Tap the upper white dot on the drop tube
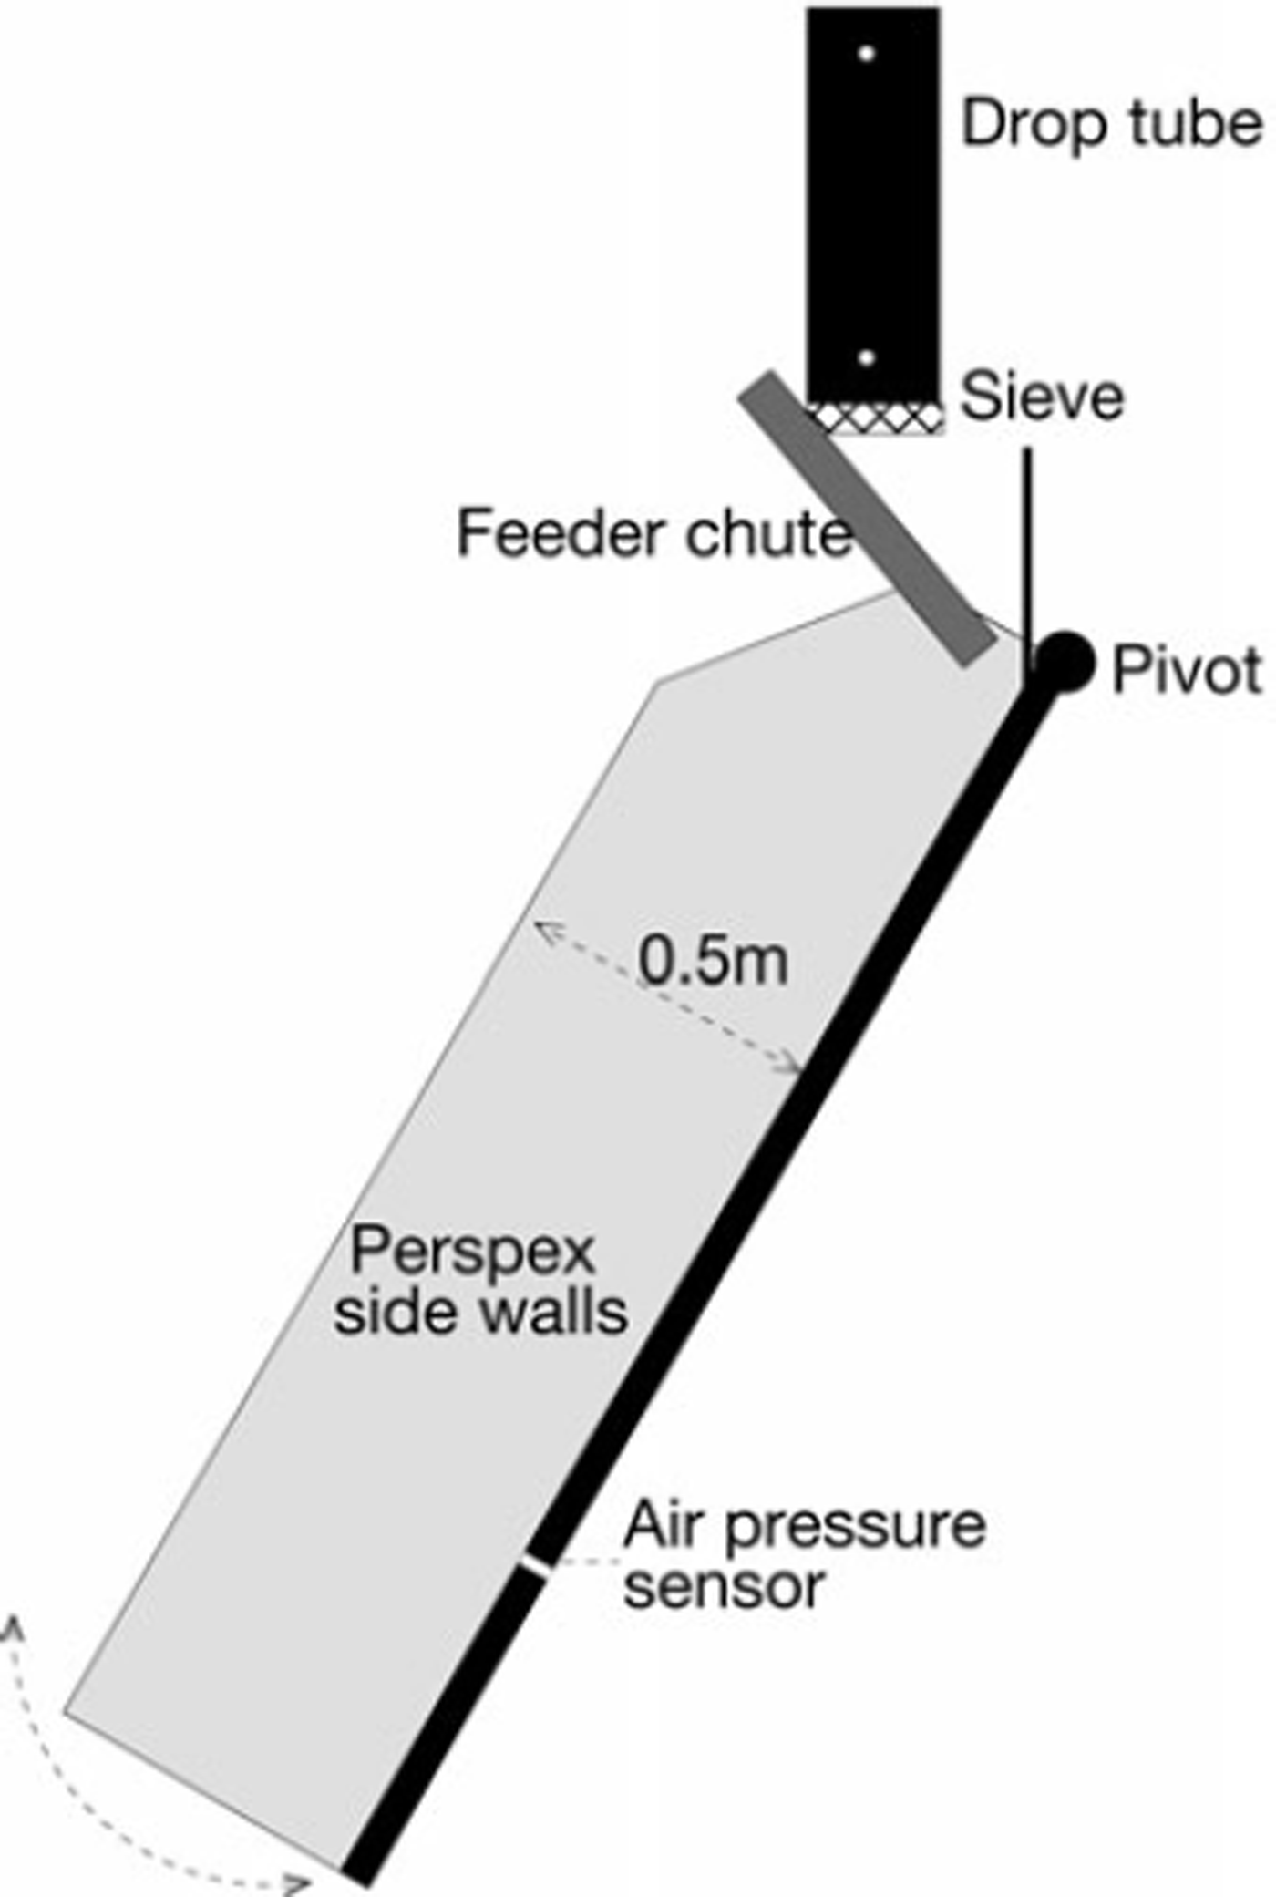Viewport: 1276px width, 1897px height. [867, 54]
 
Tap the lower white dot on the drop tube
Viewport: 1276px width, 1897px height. [867, 357]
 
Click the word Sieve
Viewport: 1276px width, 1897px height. [1043, 397]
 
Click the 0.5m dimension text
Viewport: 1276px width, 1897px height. [713, 961]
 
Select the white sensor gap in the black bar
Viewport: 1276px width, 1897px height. [536, 1564]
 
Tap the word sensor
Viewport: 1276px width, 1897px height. [725, 1586]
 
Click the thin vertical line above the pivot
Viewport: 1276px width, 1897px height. [1027, 547]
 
